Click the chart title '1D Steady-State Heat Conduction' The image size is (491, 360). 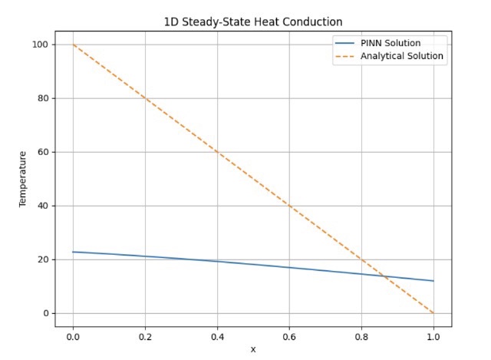pos(253,22)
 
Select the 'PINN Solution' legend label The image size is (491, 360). pos(390,43)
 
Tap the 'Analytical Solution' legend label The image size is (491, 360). pos(402,56)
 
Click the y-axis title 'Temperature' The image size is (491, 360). pos(23,179)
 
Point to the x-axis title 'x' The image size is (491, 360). pos(253,349)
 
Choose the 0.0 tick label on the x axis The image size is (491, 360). pos(73,335)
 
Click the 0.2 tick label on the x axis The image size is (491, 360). pos(145,335)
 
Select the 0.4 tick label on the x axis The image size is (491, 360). pos(217,335)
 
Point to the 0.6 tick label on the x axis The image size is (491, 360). pos(289,335)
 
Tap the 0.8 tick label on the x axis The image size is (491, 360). pos(361,335)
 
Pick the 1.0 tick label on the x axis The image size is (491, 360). pos(433,335)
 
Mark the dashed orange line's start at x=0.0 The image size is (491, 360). pos(73,45)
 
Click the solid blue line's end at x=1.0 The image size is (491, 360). pos(433,281)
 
